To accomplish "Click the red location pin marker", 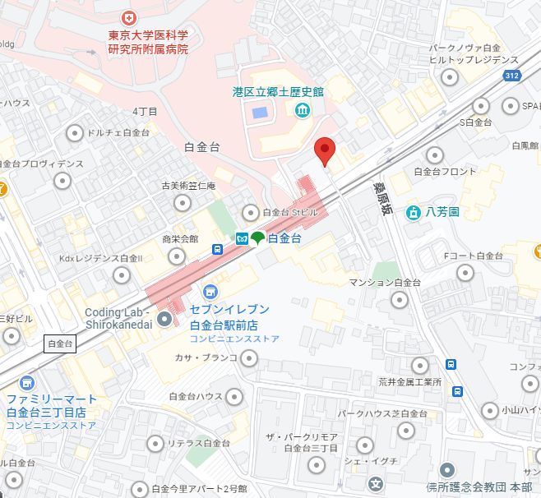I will click(x=326, y=150).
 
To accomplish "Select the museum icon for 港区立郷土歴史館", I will click(x=302, y=110).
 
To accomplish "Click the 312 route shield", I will click(x=512, y=76).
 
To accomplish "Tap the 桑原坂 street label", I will click(x=381, y=197).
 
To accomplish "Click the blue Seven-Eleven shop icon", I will click(x=211, y=292).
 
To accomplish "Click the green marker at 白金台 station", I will click(x=257, y=238).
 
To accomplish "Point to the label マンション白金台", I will click(x=384, y=283).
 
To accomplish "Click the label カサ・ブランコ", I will click(x=206, y=357).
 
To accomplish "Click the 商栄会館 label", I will click(x=180, y=239).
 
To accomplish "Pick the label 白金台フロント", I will click(x=445, y=172).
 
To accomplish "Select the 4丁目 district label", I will click(x=145, y=110).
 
